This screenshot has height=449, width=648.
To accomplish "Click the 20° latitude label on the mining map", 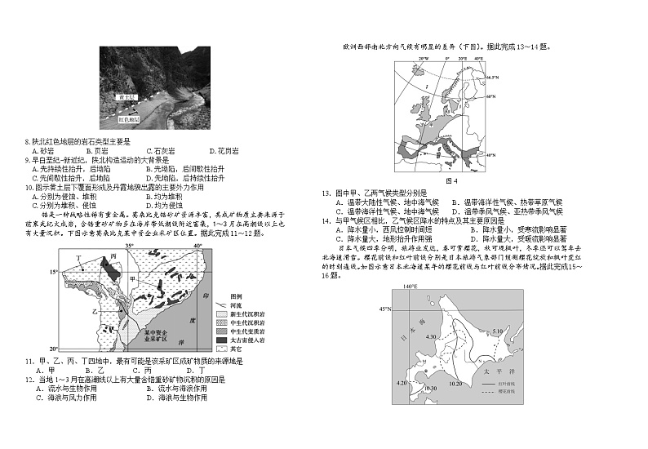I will tap(54, 348).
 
